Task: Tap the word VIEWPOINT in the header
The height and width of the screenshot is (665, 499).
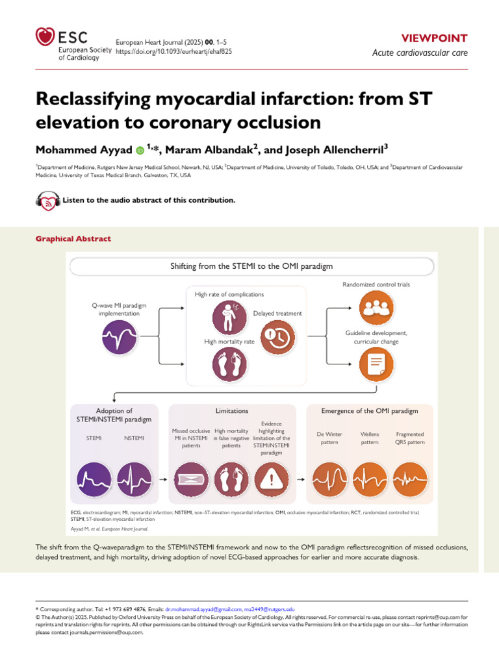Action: pos(452,38)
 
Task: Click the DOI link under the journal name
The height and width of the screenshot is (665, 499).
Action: pos(173,50)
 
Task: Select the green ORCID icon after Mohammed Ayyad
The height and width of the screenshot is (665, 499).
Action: pos(140,150)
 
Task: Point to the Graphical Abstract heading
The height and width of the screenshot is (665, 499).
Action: pos(73,239)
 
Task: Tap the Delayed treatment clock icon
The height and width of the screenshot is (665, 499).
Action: pos(277,338)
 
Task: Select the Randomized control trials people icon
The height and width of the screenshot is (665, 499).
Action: pos(377,308)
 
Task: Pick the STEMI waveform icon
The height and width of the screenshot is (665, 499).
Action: pos(94,480)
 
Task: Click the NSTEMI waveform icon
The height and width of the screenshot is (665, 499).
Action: pos(134,480)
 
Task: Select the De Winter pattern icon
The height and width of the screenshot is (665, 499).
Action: pos(329,480)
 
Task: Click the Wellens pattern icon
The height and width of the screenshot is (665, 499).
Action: pos(369,480)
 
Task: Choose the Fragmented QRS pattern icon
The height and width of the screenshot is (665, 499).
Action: pos(409,480)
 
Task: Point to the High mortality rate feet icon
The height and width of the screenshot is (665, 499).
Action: pos(230,366)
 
